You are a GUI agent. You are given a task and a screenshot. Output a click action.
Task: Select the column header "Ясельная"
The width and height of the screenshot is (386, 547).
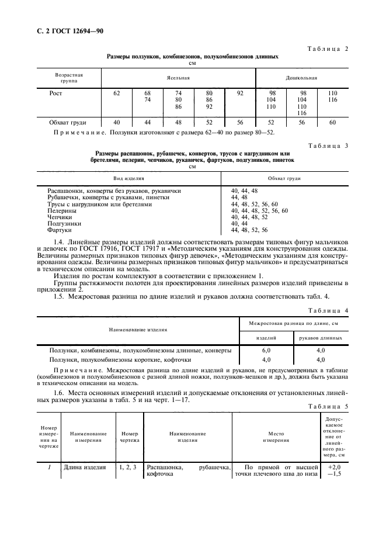pyautogui.click(x=178, y=77)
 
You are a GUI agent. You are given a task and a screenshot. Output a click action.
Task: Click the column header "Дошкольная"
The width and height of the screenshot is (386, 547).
pyautogui.click(x=301, y=77)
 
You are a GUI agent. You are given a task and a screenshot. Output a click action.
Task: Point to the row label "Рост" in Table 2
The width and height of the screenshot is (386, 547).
pyautogui.click(x=56, y=93)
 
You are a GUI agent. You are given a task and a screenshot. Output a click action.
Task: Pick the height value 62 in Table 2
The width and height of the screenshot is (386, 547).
pyautogui.click(x=117, y=93)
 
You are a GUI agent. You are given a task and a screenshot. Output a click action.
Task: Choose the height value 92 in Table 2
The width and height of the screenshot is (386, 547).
pyautogui.click(x=240, y=93)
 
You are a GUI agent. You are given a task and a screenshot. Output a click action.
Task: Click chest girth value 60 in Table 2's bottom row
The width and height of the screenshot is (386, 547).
pyautogui.click(x=332, y=122)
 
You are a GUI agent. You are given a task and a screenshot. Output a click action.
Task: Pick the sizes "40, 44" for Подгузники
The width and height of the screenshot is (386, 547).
pyautogui.click(x=239, y=223)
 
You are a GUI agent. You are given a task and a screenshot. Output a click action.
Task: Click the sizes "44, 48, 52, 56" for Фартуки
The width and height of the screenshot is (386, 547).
pyautogui.click(x=249, y=230)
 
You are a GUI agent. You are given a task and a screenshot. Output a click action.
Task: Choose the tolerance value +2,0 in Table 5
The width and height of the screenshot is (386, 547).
pyautogui.click(x=334, y=468)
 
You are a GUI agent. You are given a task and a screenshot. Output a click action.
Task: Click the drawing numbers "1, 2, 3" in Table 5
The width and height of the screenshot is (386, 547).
pyautogui.click(x=127, y=468)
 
